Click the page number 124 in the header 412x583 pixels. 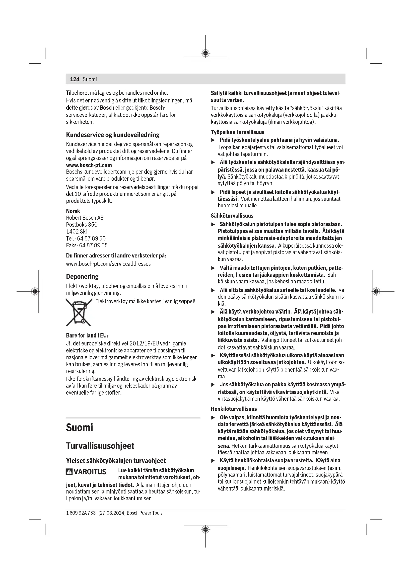point(74,79)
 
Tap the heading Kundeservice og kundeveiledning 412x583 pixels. point(113,135)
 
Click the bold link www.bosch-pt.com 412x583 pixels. point(89,165)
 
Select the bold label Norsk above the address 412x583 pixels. point(73,211)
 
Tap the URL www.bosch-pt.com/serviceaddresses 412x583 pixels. point(108,264)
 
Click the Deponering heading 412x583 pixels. point(82,276)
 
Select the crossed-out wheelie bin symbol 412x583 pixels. point(79,312)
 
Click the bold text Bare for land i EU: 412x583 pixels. point(87,335)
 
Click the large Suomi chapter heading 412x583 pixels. point(79,428)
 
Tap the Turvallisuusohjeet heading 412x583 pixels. point(100,446)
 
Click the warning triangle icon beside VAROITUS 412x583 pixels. point(69,472)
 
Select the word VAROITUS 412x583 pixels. point(90,472)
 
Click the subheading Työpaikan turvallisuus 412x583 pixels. point(237,132)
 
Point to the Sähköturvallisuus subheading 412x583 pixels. point(232,216)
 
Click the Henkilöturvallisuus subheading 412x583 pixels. point(234,409)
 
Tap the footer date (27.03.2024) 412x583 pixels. point(112,513)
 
